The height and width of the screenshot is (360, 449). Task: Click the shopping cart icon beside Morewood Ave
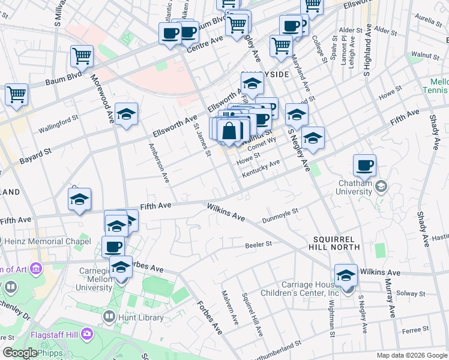(x=82, y=56)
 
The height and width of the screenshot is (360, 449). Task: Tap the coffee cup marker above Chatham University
(x=364, y=165)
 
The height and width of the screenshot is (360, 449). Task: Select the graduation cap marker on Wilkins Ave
(x=346, y=275)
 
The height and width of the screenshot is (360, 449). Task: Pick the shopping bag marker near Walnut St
(x=230, y=130)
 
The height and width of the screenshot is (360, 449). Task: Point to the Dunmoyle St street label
(x=280, y=216)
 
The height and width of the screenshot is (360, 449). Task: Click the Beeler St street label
(x=259, y=245)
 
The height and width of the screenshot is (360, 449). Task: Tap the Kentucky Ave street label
(x=261, y=169)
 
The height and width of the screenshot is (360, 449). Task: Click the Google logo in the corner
(x=20, y=353)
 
